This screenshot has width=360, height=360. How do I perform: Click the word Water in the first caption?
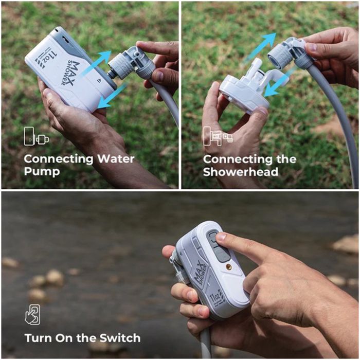coord(116,159)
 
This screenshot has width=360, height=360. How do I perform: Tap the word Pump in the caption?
coord(42,172)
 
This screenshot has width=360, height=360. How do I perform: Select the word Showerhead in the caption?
coord(241,172)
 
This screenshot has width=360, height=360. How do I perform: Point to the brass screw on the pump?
coord(229,266)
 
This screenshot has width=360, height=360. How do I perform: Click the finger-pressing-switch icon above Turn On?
coord(32,315)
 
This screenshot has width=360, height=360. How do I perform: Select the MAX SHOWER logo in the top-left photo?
coord(71,73)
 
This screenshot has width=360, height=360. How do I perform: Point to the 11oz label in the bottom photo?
coord(214,297)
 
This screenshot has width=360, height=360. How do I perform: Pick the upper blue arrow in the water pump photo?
coord(94,63)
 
